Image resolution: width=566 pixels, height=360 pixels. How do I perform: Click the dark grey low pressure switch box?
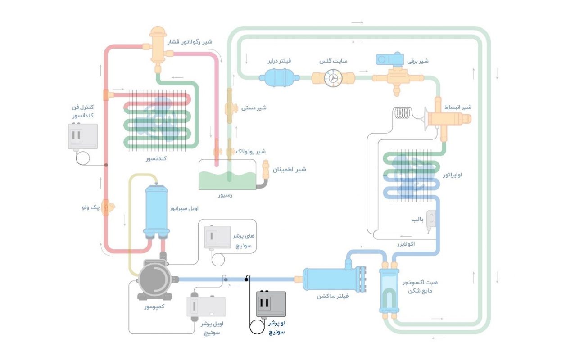(x=271, y=304)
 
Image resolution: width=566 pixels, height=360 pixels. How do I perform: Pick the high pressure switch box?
(x=217, y=237)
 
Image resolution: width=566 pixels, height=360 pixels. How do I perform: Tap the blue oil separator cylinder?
(x=156, y=210)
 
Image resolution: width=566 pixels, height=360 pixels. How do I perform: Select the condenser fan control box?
(x=82, y=136)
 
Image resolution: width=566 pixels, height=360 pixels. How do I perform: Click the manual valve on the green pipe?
(x=229, y=108)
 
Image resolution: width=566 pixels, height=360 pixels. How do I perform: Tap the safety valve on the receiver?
(x=266, y=170)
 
